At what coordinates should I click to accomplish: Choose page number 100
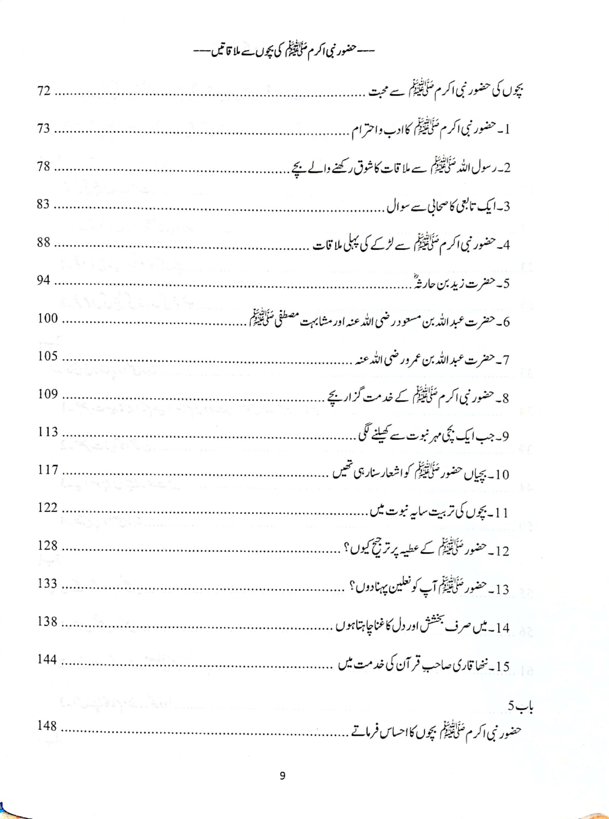click(48, 318)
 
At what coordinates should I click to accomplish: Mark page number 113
click(48, 432)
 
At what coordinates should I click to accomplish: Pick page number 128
click(48, 546)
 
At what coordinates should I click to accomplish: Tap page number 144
click(48, 660)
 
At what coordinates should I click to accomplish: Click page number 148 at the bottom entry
click(48, 726)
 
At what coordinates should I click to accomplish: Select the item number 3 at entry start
click(506, 207)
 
